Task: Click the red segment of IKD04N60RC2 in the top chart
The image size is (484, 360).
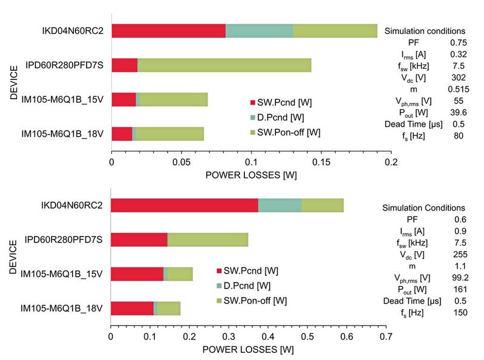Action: (168, 31)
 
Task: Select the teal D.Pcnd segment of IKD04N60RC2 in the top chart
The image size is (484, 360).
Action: (259, 31)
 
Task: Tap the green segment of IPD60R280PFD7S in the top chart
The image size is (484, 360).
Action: (224, 65)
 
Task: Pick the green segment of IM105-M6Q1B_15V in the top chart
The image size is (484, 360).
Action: (173, 100)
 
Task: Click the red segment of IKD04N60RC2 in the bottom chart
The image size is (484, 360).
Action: (184, 205)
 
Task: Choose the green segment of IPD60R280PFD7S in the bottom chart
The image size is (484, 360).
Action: (207, 240)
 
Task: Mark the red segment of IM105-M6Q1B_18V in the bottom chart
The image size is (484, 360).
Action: (132, 309)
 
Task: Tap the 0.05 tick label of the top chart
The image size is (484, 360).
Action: (181, 163)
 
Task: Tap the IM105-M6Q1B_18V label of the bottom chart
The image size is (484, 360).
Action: (61, 309)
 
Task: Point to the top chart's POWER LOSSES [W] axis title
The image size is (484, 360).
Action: (251, 175)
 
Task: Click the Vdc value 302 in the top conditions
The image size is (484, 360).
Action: (458, 77)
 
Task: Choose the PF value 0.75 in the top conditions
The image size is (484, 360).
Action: (458, 43)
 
